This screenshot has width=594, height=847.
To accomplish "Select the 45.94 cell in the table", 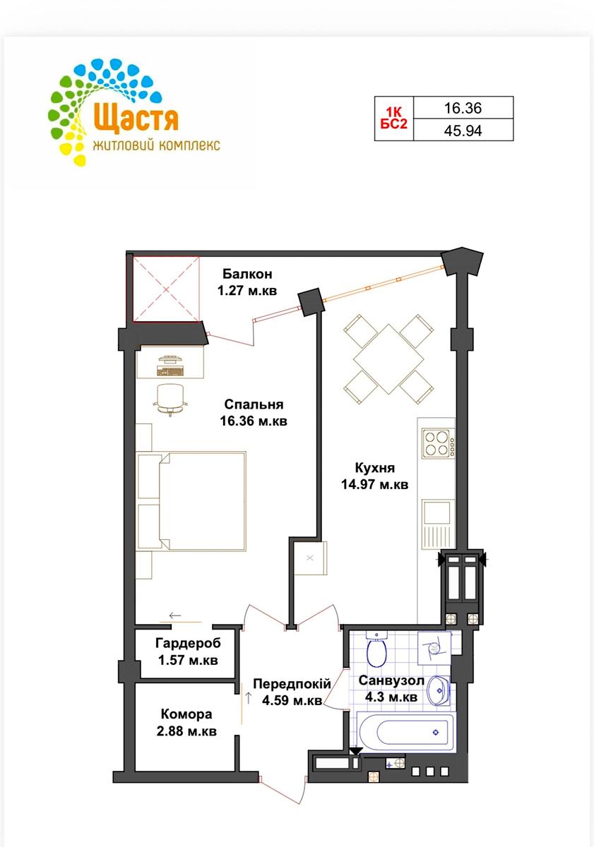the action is click(x=463, y=131).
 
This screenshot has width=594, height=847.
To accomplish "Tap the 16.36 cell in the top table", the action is click(x=463, y=108).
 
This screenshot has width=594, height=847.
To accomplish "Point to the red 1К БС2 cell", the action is click(x=394, y=119).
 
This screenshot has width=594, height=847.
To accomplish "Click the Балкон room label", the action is click(x=247, y=273).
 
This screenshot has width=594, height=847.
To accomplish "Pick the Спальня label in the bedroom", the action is click(x=254, y=404).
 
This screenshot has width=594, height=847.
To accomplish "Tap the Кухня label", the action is click(x=374, y=468).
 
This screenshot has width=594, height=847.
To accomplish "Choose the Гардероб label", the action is click(x=188, y=643).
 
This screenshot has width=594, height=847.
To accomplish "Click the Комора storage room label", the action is click(x=186, y=714).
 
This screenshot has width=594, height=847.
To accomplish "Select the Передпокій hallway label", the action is click(x=292, y=684).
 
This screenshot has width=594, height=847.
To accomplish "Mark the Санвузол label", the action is click(x=391, y=680).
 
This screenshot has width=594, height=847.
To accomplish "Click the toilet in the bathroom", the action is click(x=376, y=649).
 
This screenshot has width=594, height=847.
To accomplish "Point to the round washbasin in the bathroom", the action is click(x=438, y=690).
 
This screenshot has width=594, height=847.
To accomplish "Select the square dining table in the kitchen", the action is click(x=388, y=359).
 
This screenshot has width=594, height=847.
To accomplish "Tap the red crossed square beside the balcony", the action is click(x=166, y=289).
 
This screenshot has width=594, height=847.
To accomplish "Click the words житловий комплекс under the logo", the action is click(x=156, y=145).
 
